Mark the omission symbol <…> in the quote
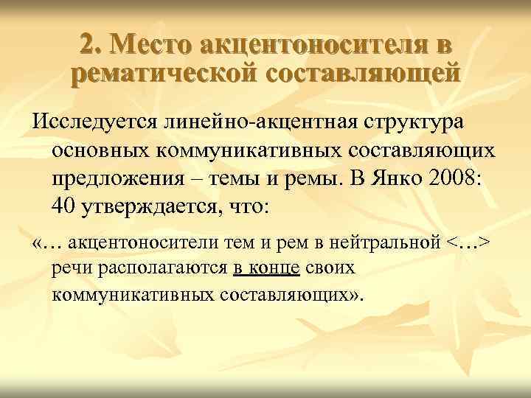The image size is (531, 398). pyautogui.click(x=468, y=244)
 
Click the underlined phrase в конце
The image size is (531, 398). pyautogui.click(x=265, y=268)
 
